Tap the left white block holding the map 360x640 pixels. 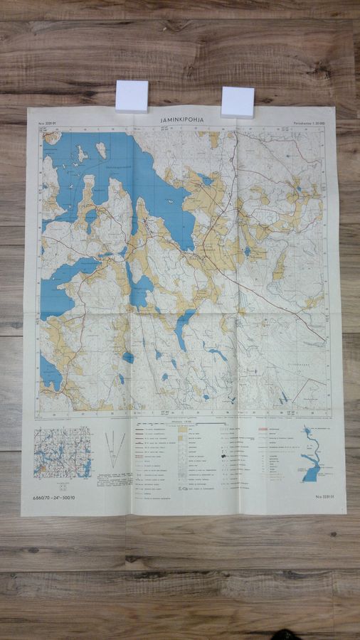pos(132,96)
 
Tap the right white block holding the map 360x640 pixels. pos(238,102)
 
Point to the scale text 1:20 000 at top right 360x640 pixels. pos(310,123)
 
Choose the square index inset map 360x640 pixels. pos(63,452)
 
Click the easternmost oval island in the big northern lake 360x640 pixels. pos(102,150)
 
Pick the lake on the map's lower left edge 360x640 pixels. pos(50,373)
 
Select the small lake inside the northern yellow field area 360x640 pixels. pos(207,181)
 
